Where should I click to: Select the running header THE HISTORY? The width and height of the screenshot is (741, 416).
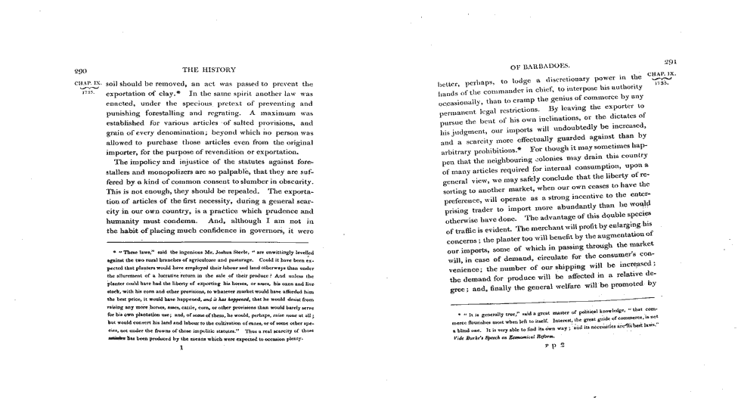coord(209,70)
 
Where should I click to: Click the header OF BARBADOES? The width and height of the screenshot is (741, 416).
coord(540,66)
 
